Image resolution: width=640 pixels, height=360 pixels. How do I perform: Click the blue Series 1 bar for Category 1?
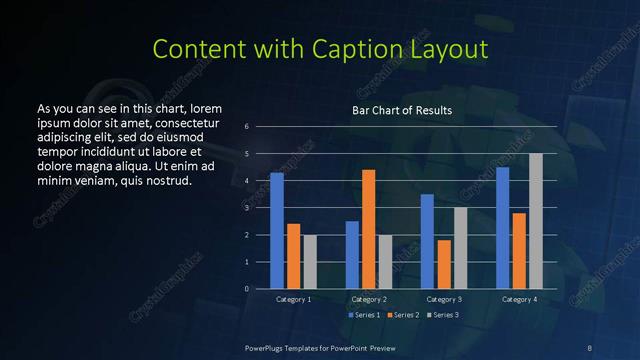277,231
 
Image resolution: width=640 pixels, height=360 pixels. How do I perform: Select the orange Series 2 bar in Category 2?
369,229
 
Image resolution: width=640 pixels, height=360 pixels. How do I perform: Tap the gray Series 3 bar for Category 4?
536,221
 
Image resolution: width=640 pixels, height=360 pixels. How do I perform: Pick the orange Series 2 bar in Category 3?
444,264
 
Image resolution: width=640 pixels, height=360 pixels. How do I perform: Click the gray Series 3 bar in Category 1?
310,262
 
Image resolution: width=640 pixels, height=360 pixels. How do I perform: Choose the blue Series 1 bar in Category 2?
352,255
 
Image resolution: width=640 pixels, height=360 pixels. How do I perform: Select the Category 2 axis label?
369,299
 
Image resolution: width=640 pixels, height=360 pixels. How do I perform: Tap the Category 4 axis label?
519,299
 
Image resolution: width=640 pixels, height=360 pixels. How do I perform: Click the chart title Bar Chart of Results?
402,110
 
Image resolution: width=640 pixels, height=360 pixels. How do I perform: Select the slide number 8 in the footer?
589,347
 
